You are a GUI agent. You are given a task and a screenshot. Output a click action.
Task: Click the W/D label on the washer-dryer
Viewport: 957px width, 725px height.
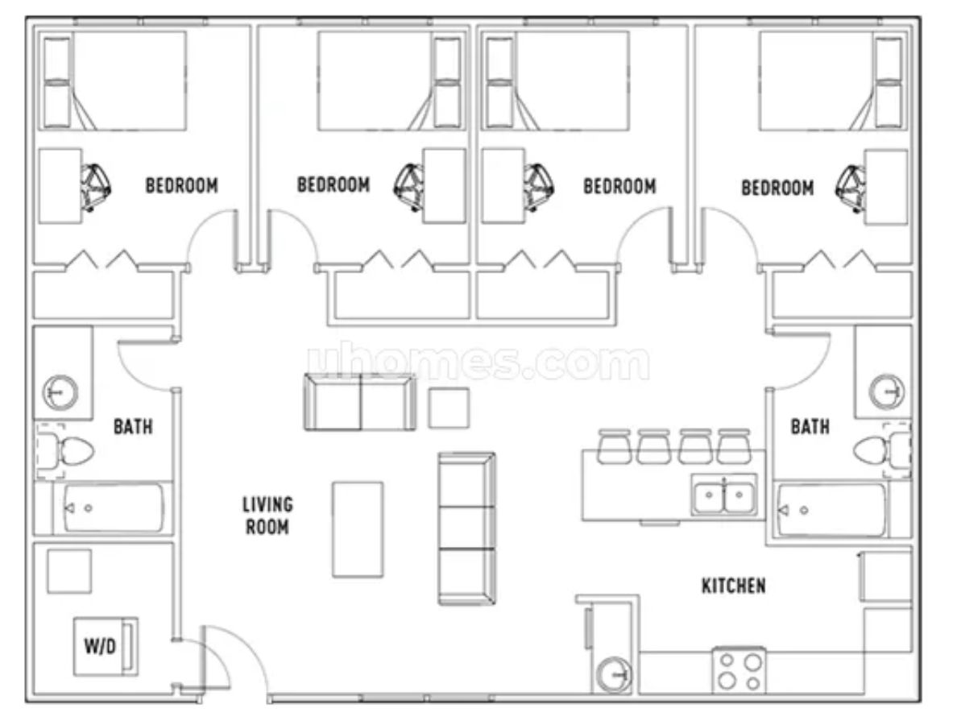[99, 645]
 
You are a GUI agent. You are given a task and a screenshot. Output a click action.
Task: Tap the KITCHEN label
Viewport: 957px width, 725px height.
[734, 586]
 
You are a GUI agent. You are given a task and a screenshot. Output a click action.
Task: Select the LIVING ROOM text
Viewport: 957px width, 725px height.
[268, 516]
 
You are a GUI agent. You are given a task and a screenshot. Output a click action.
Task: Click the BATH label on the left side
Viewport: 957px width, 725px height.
[133, 426]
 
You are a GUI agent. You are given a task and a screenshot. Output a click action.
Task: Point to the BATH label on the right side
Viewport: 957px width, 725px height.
[810, 426]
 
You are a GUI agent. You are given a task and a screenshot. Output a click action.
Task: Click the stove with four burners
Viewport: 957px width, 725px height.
[739, 671]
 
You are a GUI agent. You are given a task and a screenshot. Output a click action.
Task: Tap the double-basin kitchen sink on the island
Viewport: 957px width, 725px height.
[724, 494]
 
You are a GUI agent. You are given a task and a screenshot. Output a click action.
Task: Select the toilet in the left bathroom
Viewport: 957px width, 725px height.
[67, 451]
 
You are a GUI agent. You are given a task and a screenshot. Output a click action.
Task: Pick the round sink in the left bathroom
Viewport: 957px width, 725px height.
[60, 391]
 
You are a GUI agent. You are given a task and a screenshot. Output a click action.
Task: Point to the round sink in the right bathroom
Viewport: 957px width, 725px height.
[886, 391]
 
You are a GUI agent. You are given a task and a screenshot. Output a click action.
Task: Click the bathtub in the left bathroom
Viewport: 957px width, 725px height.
[113, 507]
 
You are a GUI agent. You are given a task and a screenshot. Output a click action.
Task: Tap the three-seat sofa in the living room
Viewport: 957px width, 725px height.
[467, 528]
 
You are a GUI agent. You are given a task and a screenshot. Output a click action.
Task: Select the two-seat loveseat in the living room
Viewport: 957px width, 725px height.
[360, 402]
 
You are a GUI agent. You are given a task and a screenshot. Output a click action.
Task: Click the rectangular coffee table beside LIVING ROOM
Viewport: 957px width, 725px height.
[358, 529]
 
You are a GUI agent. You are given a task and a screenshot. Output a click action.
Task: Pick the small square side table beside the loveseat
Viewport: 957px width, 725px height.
[449, 408]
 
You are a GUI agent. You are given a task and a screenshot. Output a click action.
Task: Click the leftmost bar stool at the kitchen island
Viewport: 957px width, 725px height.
[614, 447]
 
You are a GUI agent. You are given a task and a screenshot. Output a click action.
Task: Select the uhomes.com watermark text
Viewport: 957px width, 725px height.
[478, 361]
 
